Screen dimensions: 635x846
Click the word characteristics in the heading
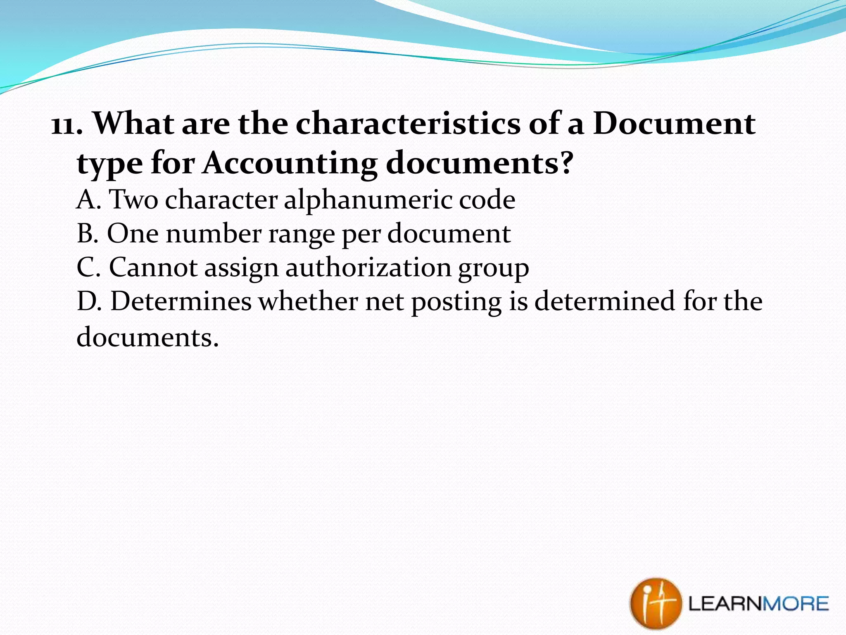pyautogui.click(x=408, y=124)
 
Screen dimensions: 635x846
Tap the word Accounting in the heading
pyautogui.click(x=290, y=163)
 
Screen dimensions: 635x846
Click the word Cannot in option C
pyautogui.click(x=153, y=267)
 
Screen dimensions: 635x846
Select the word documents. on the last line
pyautogui.click(x=147, y=337)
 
